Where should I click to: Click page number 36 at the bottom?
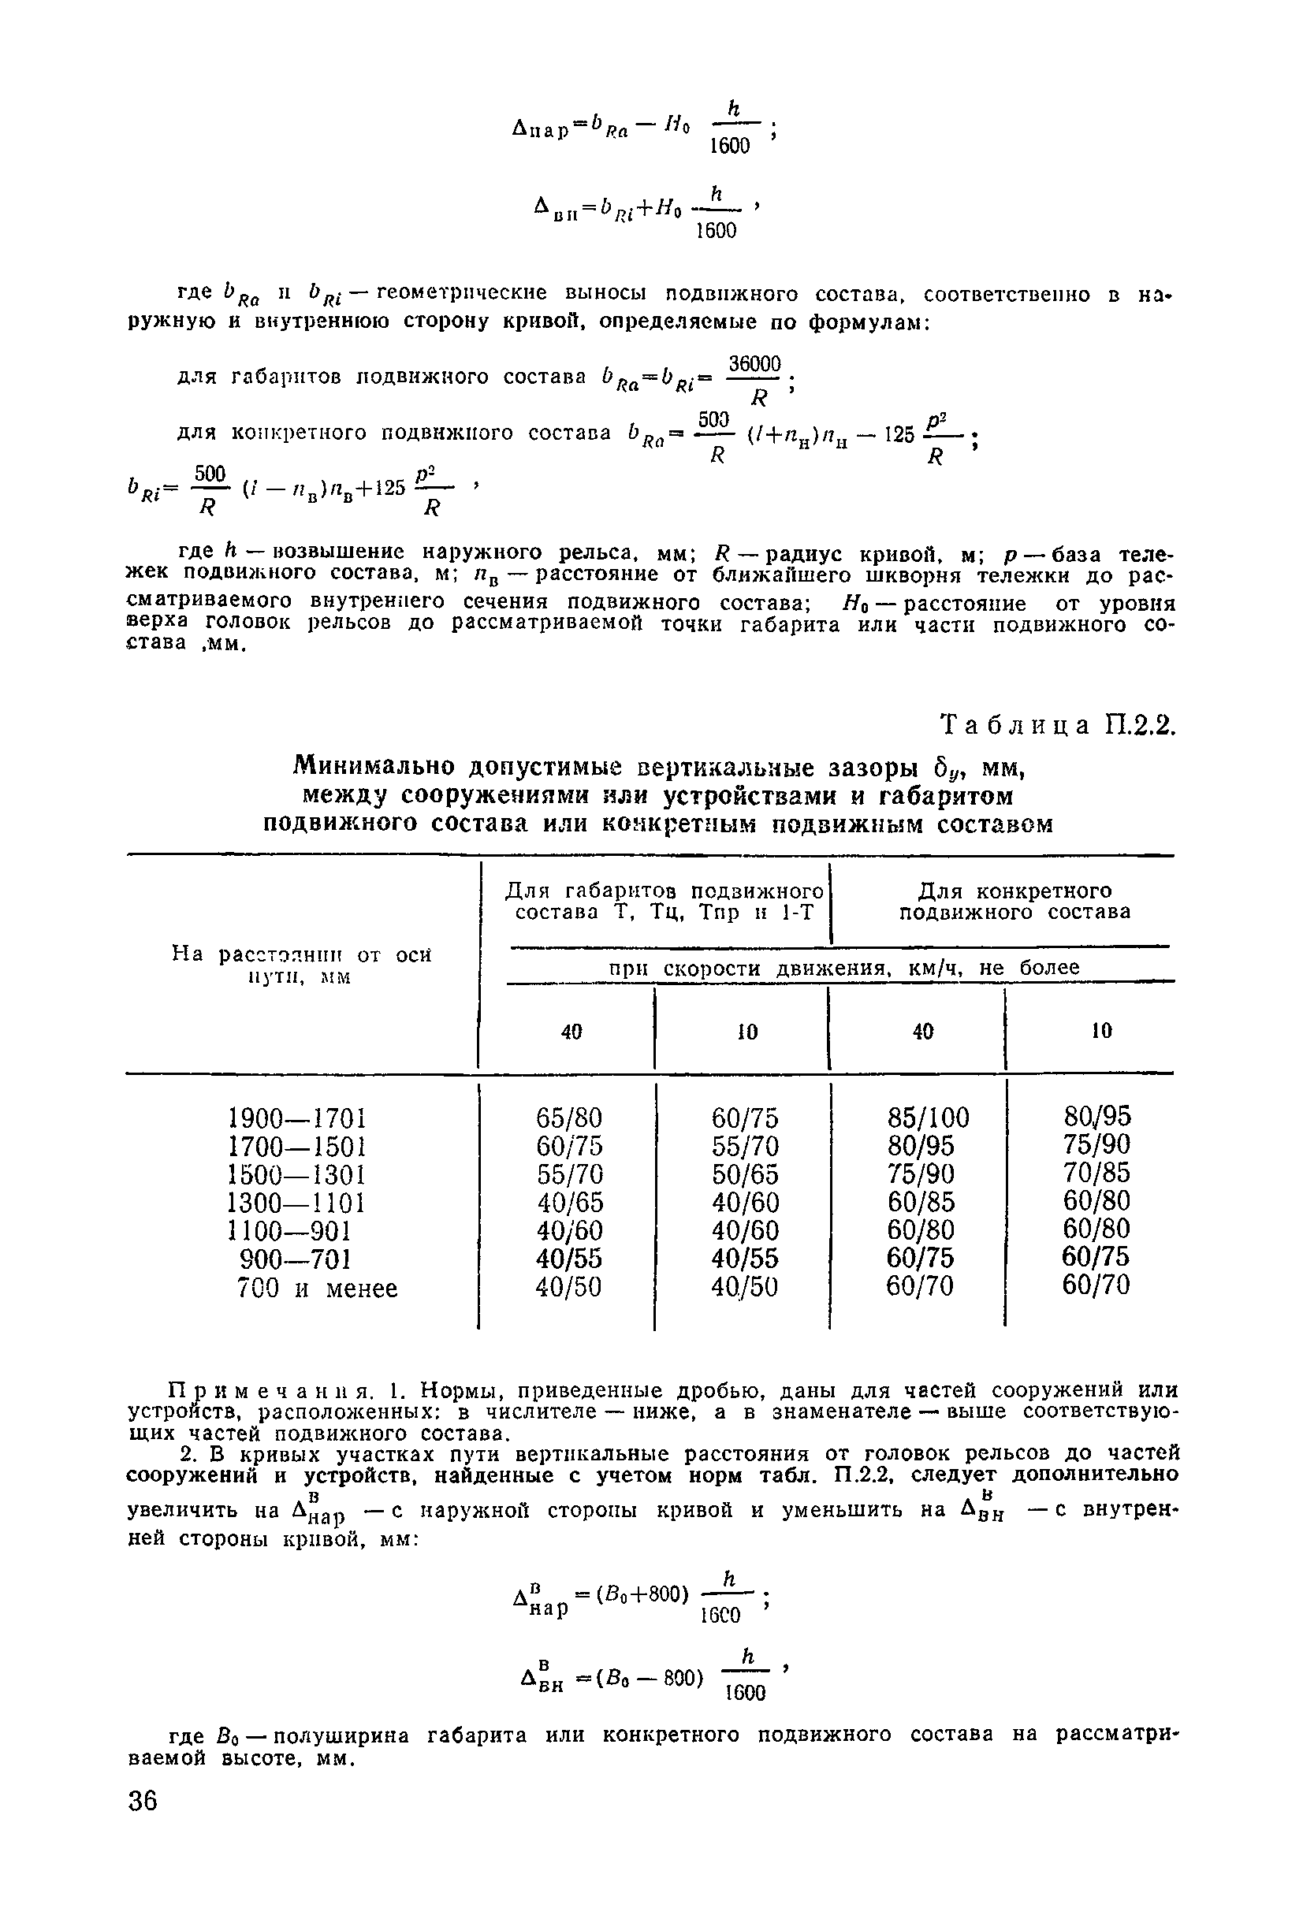coord(143,1802)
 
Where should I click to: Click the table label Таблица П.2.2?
coord(1058,727)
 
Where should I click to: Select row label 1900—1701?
coord(296,1118)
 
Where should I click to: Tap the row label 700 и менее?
coord(317,1288)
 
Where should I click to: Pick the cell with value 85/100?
coord(928,1118)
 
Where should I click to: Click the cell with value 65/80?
coord(569,1118)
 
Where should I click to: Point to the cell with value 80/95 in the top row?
coord(1097,1117)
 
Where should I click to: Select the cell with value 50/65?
coord(746,1174)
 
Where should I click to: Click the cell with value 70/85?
coord(1097,1173)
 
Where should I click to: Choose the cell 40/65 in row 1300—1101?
coord(570,1203)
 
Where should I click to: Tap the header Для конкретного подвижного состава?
coord(1014,902)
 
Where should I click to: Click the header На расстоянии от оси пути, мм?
coord(301,965)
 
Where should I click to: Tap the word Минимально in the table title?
coord(374,767)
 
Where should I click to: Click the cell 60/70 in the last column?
coord(1096,1285)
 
